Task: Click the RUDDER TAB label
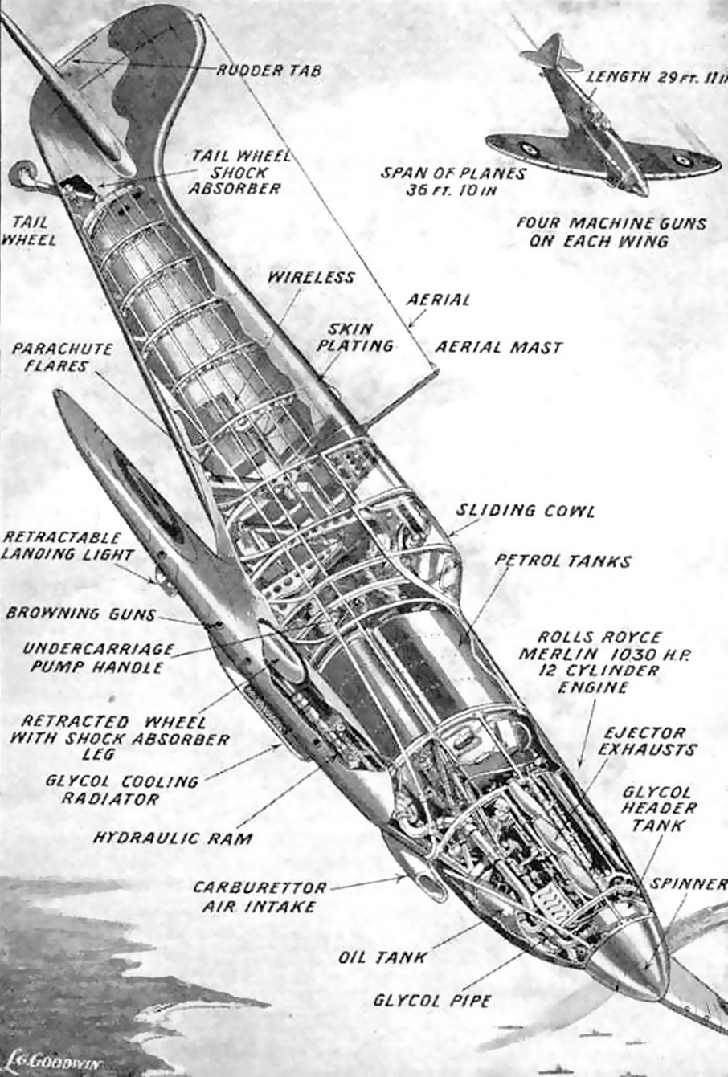[268, 71]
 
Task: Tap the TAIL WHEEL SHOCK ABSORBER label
[238, 172]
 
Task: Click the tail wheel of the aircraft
[22, 174]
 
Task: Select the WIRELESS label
[311, 277]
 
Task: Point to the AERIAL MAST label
[499, 347]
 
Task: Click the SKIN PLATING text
[355, 337]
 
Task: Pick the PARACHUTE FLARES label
[62, 357]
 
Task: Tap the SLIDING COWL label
[525, 511]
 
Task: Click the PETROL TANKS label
[563, 561]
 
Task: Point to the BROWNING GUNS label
[81, 614]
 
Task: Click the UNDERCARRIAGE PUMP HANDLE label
[98, 658]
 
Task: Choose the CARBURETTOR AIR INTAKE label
[260, 897]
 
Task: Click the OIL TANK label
[382, 957]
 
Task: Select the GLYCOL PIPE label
[432, 1001]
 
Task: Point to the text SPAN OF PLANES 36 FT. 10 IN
[453, 182]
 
